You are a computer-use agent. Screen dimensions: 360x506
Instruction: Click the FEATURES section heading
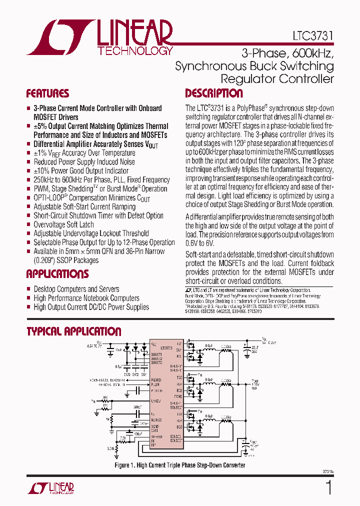click(x=47, y=93)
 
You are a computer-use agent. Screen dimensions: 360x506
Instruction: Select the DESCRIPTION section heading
click(x=214, y=93)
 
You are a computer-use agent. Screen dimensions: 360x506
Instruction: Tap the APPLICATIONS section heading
click(x=57, y=274)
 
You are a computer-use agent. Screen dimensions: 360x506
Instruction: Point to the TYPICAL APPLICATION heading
click(x=73, y=331)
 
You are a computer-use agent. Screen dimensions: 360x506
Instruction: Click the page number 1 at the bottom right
click(x=328, y=487)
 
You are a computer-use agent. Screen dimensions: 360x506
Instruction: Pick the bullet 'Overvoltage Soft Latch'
click(x=63, y=224)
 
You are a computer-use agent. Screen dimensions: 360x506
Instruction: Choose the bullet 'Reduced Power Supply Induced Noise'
click(x=84, y=162)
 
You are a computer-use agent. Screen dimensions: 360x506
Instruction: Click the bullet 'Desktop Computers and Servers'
click(x=76, y=289)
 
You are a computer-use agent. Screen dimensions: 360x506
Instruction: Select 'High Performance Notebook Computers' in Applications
click(x=86, y=298)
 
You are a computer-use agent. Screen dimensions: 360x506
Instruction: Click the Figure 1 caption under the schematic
click(x=180, y=465)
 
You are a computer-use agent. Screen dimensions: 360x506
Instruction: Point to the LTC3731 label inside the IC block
click(x=167, y=347)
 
